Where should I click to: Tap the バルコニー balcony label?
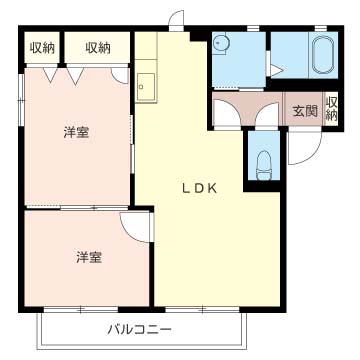[140, 329]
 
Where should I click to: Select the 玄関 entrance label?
[304, 111]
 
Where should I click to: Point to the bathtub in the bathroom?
[322, 56]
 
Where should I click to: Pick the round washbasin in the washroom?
[223, 45]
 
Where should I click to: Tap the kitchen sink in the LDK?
[145, 87]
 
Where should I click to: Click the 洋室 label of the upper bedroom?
[75, 131]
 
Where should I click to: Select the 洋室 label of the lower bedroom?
[88, 256]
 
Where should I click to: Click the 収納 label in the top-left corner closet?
[41, 47]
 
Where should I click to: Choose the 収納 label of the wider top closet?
[98, 47]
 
